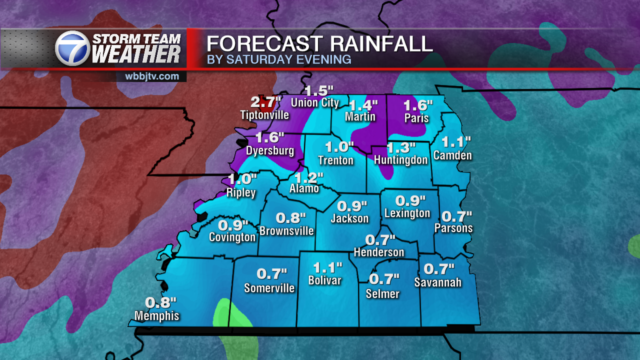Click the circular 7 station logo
point(72,48)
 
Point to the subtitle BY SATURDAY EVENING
point(279,60)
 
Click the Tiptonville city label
point(265,115)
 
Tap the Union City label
point(315,103)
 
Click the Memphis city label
point(156,315)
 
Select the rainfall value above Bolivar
point(327,267)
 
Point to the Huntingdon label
point(401,160)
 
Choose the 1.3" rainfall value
point(401,147)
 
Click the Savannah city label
point(438,282)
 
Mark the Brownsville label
point(286,230)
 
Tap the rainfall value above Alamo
point(308,177)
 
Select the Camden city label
point(452,155)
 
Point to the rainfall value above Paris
point(418,105)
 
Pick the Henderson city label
point(379,252)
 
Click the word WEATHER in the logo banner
point(136,54)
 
